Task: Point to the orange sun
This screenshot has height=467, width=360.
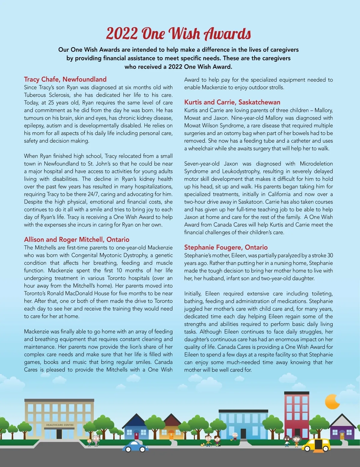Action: [x=332, y=402]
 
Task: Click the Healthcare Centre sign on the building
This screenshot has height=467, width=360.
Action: [x=60, y=425]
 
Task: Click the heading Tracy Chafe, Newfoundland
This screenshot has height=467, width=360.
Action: [x=65, y=79]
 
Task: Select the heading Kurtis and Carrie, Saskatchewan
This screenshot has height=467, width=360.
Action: [x=232, y=102]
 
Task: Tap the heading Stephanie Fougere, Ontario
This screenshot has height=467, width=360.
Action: [x=226, y=247]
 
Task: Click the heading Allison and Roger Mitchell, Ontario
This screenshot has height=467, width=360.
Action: [x=76, y=239]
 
